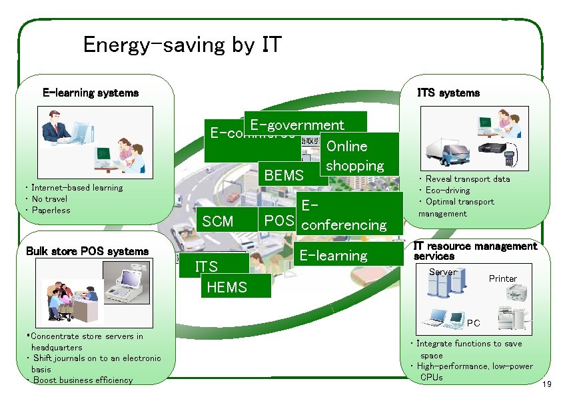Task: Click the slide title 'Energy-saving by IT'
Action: tap(182, 45)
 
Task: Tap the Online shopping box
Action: tap(358, 155)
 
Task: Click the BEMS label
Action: tap(284, 176)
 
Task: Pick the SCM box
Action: tap(218, 220)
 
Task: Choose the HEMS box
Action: tap(227, 287)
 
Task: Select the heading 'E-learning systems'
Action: tap(91, 93)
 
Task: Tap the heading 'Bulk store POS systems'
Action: tap(87, 251)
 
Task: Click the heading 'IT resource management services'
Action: tap(474, 251)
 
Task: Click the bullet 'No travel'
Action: tap(49, 198)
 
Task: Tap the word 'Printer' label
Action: tap(502, 278)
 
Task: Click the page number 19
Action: tap(547, 385)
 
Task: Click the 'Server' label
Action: tap(442, 272)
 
